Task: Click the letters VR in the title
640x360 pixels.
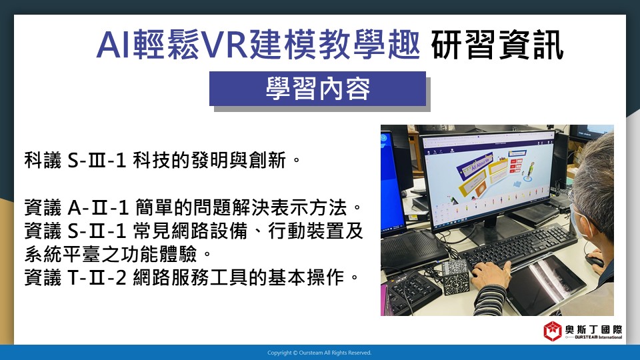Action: (x=226, y=45)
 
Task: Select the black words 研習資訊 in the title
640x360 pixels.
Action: (x=497, y=45)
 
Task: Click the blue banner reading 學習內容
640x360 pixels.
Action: (x=317, y=89)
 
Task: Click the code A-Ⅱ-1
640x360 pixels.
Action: (x=98, y=208)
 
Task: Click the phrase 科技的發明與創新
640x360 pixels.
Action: (x=209, y=160)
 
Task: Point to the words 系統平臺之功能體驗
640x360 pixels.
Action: (x=111, y=254)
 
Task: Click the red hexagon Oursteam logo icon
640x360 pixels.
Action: (x=553, y=331)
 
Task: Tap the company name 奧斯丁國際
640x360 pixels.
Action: (x=594, y=329)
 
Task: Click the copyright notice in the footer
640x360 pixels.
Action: (x=319, y=353)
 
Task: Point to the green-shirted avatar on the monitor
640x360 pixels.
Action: (x=531, y=170)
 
